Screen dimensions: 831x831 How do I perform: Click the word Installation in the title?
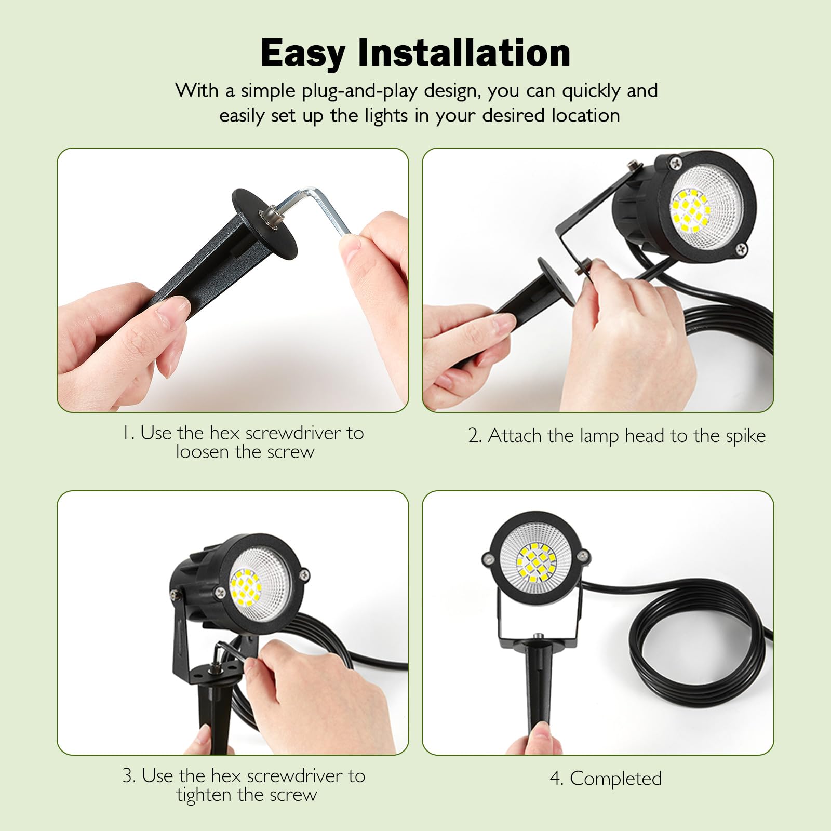point(464,52)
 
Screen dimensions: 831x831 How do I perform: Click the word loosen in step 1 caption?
point(203,451)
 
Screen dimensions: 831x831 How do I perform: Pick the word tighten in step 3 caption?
point(204,795)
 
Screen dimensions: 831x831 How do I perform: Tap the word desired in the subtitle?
point(515,115)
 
